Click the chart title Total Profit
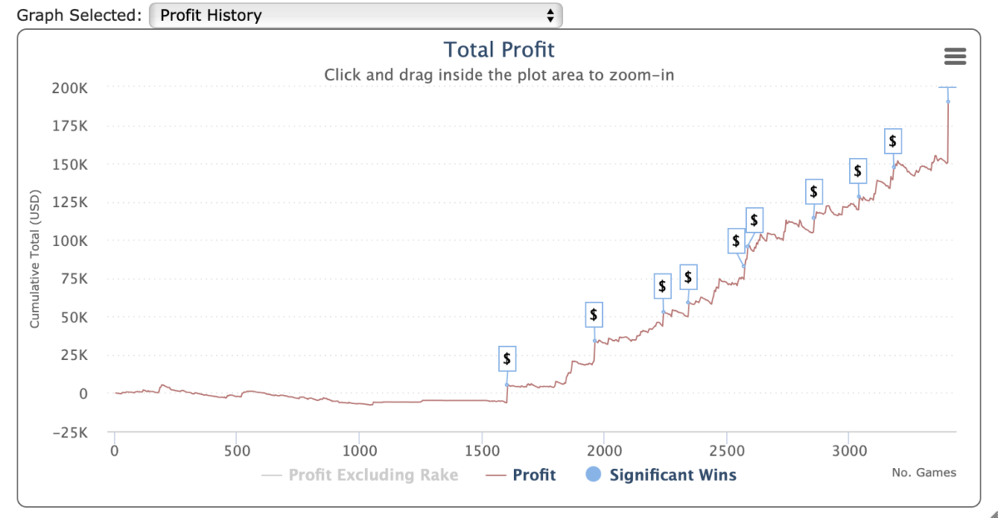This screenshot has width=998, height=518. point(499,50)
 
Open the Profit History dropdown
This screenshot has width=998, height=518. point(356,15)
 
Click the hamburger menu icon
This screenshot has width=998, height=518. point(956,56)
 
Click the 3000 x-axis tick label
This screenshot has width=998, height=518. point(848,450)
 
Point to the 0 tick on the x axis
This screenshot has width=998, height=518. point(114,450)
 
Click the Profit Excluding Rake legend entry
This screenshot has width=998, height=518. point(373,475)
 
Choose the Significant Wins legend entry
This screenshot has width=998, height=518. point(672,475)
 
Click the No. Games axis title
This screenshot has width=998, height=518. point(923,473)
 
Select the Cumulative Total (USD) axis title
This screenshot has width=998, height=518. point(35,260)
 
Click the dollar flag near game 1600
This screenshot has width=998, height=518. point(506,358)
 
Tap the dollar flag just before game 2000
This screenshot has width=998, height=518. point(593,314)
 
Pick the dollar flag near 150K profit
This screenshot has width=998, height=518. point(892,141)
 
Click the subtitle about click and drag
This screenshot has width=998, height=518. point(499,74)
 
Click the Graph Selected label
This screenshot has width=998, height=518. point(79,15)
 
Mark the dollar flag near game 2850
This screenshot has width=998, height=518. point(813,192)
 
